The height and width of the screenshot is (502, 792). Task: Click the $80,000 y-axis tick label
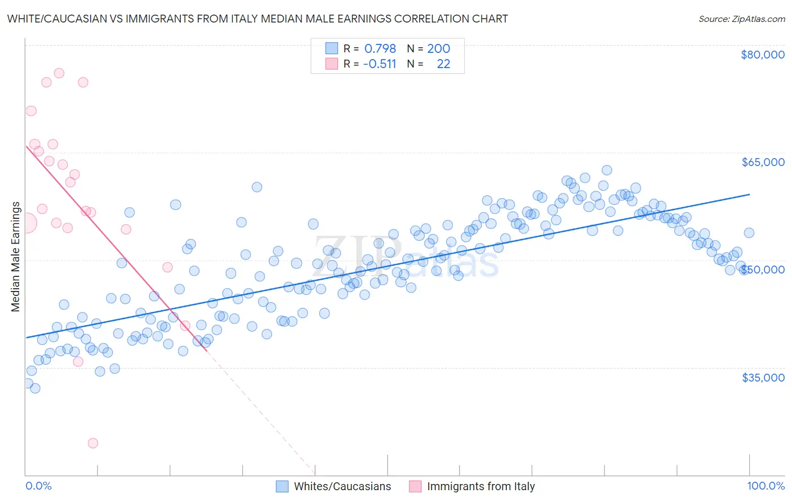pos(762,55)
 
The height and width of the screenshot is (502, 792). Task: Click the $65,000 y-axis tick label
pos(763,162)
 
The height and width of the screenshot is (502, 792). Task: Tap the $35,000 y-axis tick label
pos(763,378)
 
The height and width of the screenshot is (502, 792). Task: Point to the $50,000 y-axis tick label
pos(763,270)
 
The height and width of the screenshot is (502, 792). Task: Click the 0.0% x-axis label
pos(38,486)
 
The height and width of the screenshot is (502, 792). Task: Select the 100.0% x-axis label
pos(766,486)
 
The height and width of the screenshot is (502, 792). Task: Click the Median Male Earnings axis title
pos(16,257)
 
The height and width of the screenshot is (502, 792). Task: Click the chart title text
pos(257,19)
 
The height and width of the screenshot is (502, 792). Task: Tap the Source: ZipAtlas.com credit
pos(741,19)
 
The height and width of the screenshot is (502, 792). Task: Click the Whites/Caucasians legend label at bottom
pos(342,487)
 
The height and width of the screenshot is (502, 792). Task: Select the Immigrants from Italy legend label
pos(480,487)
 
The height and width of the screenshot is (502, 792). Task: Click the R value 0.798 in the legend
pos(380,49)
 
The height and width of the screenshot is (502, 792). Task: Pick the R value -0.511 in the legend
pos(380,64)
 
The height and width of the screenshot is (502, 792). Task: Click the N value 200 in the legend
pos(438,49)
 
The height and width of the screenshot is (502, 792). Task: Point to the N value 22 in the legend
pos(443,64)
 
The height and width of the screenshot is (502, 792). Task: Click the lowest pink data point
pos(93,443)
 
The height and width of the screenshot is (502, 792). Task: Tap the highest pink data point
pos(59,73)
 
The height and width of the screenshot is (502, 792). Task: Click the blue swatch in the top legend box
pos(332,48)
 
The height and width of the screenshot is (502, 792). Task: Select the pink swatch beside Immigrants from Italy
pos(415,487)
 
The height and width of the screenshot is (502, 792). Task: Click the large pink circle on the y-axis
pos(26,223)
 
